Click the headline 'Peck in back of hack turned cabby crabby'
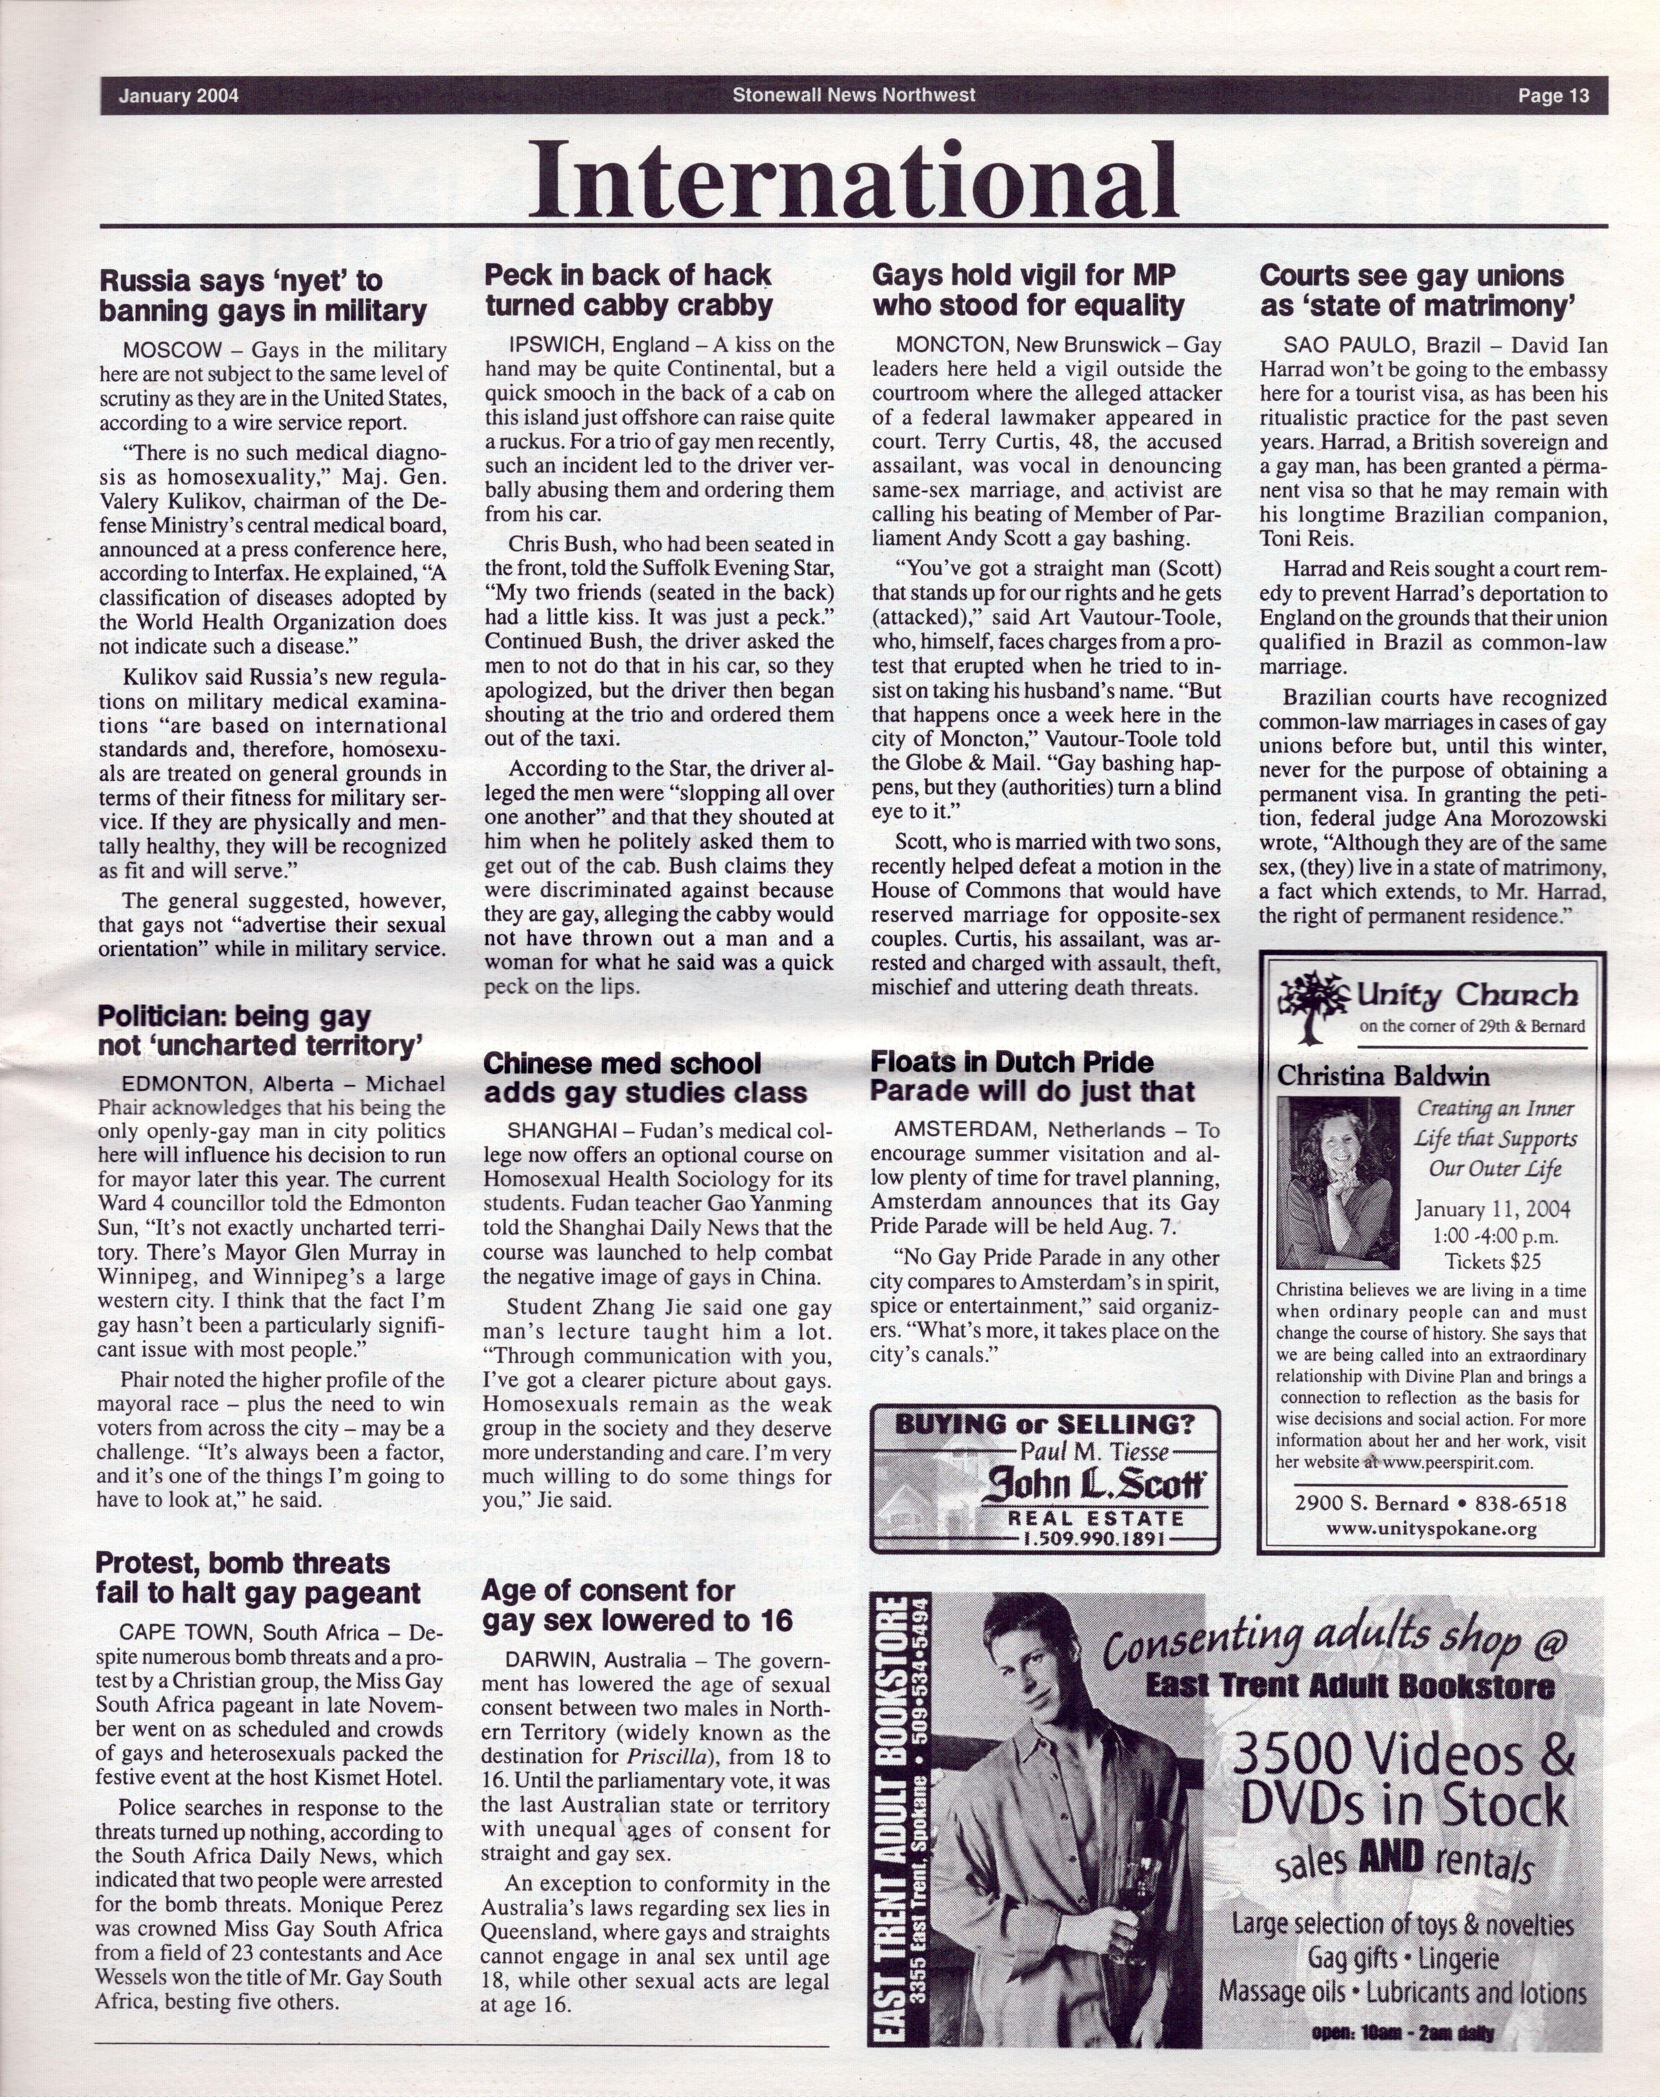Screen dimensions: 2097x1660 point(629,290)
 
